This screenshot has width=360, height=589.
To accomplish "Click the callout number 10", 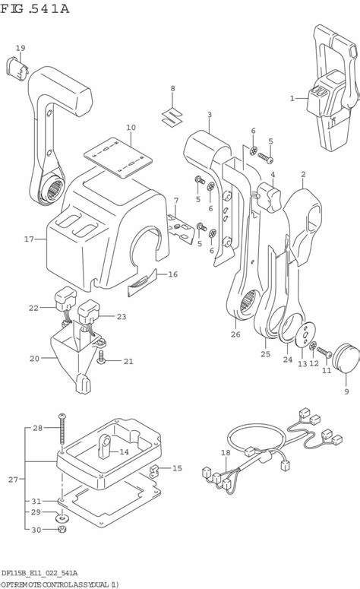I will (131, 127).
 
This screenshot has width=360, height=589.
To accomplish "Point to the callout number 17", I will (29, 239).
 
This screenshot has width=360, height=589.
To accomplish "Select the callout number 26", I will (235, 332).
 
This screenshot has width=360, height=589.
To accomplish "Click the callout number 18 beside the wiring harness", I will (225, 453).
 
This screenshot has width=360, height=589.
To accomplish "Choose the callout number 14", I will (124, 452).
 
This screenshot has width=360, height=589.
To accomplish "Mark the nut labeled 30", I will (62, 529).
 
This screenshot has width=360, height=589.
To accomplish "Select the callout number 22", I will (33, 307).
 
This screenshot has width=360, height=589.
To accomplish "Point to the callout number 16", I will (172, 274).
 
